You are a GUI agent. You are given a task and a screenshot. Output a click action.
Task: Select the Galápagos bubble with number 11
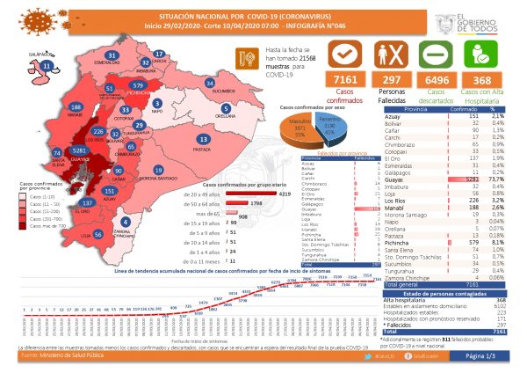[33, 66]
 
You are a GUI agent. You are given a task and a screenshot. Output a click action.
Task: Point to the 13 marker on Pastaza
[204, 139]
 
